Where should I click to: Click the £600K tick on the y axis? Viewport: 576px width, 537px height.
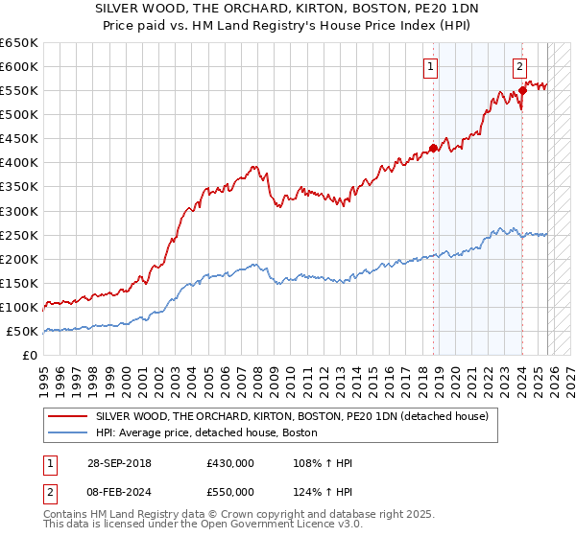point(19,66)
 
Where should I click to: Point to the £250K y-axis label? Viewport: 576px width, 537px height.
point(19,235)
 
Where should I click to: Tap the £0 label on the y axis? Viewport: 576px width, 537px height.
point(30,355)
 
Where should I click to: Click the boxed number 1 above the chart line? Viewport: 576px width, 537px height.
point(430,67)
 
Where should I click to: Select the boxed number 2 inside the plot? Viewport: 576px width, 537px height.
point(519,67)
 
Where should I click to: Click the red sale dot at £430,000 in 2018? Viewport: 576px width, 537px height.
point(433,148)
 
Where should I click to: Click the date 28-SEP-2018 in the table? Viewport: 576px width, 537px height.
point(118,463)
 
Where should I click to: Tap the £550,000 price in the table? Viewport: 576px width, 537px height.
point(229,490)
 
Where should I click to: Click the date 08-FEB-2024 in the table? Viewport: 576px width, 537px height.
point(118,490)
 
